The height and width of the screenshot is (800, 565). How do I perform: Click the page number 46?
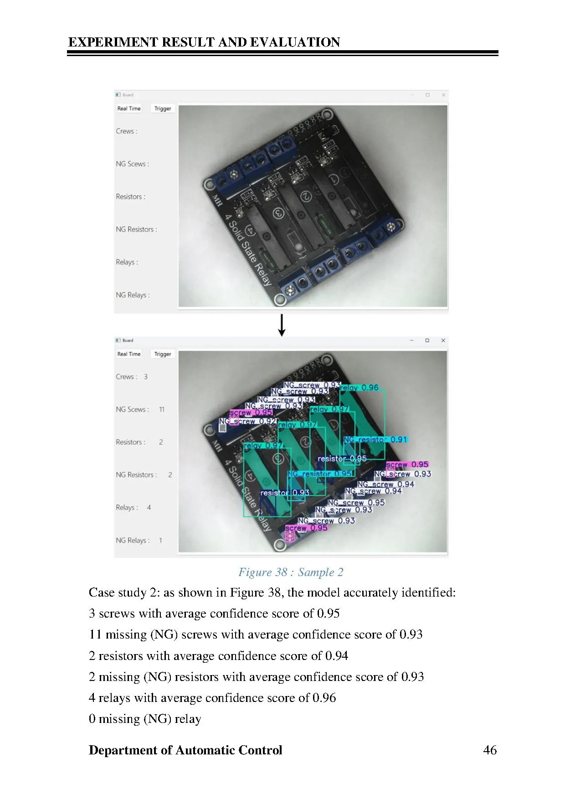[490, 750]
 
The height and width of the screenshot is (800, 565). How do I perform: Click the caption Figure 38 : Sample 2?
[291, 572]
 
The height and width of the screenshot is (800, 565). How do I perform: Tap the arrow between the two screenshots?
[282, 325]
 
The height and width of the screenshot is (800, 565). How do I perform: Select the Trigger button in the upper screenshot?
[163, 109]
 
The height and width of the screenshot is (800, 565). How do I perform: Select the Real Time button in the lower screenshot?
[129, 354]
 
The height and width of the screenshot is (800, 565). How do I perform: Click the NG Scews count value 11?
[162, 410]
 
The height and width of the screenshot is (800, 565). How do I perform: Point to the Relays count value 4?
[149, 508]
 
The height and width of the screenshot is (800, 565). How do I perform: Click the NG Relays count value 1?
[160, 540]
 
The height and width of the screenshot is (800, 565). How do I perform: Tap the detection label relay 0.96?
[360, 388]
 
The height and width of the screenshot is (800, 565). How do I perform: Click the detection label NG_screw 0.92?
[248, 421]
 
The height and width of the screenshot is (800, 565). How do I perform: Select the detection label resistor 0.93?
[285, 493]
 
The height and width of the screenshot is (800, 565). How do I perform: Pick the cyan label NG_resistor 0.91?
[375, 440]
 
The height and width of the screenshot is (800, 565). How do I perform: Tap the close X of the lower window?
[443, 340]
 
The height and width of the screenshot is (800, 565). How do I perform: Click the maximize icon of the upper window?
[427, 95]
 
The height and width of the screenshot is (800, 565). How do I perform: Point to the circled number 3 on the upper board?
[278, 213]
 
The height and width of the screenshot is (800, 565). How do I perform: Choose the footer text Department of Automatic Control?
[185, 750]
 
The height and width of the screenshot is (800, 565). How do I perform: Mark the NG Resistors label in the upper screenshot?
[136, 229]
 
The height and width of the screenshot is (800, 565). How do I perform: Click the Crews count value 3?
[146, 377]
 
